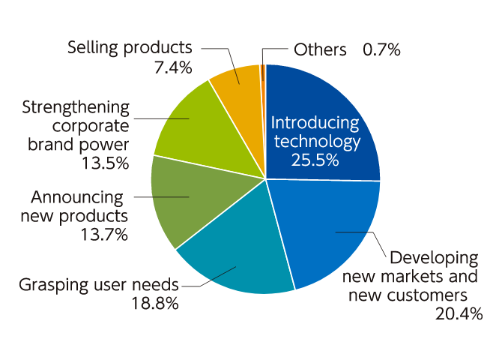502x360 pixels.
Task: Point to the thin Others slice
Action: pyautogui.click(x=263, y=71)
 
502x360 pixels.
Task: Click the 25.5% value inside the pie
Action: pyautogui.click(x=315, y=159)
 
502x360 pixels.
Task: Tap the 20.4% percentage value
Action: pyautogui.click(x=459, y=313)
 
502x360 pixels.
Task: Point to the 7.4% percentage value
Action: pyautogui.click(x=172, y=67)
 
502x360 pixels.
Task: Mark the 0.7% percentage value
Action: pyautogui.click(x=381, y=50)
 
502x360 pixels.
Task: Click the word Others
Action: pyautogui.click(x=320, y=50)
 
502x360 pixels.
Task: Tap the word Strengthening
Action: pyautogui.click(x=76, y=106)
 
